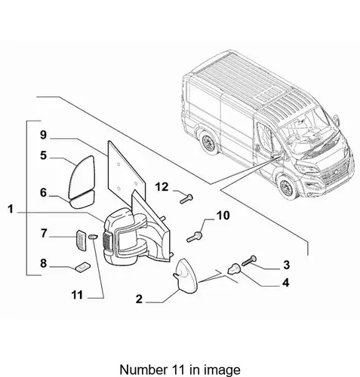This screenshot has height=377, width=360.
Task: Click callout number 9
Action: (44, 135)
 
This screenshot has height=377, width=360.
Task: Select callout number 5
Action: (44, 155)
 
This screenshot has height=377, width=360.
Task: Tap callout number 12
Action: (162, 187)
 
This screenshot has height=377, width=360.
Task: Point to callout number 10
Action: (223, 216)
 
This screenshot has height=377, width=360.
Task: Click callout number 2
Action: (139, 299)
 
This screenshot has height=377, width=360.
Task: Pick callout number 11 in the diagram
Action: (77, 295)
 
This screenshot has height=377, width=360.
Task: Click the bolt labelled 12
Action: (186, 199)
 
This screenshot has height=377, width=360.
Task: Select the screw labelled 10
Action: (195, 237)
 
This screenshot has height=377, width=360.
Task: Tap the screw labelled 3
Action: (249, 261)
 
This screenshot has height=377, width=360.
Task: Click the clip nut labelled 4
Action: (234, 269)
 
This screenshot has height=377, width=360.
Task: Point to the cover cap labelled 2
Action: (186, 276)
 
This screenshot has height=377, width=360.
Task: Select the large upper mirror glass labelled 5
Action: (82, 176)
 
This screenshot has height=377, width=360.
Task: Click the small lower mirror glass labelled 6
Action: (82, 200)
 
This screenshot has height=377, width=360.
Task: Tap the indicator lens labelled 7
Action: (81, 240)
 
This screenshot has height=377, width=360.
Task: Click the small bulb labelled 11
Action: (93, 237)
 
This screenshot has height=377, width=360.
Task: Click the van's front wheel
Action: (287, 187)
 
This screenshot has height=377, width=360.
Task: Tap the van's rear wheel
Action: (209, 142)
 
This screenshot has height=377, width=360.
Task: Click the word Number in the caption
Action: (142, 369)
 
